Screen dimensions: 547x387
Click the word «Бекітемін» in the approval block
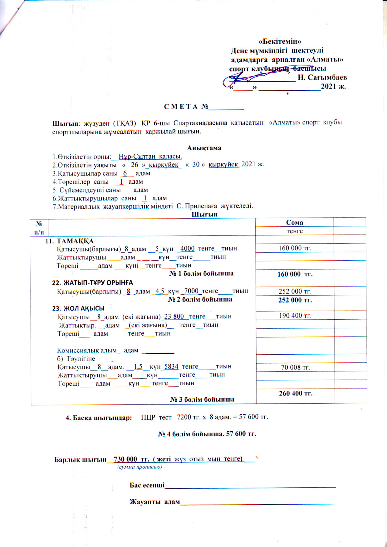point(280,41)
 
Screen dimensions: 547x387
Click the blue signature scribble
point(247,80)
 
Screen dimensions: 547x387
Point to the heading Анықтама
point(204,148)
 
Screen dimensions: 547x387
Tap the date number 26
point(134,165)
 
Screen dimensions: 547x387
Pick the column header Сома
point(294,222)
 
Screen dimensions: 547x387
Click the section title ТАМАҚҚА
point(75,241)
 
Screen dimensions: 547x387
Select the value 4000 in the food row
point(187,249)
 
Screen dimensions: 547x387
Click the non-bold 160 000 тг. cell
point(295,248)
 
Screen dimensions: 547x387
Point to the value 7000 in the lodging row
point(191,291)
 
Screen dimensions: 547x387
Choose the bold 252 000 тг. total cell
point(295,300)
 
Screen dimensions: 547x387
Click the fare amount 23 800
point(174,317)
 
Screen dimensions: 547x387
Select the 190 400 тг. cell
point(295,316)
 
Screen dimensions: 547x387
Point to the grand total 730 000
point(125,459)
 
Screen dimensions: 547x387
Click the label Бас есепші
point(147,485)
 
